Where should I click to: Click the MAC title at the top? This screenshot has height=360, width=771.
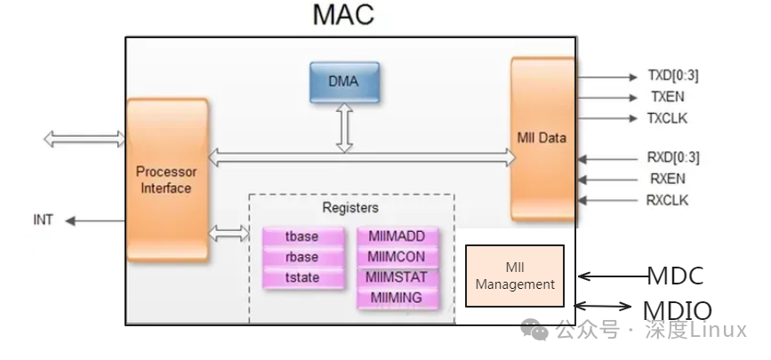point(343,15)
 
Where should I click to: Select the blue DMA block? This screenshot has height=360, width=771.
point(344,83)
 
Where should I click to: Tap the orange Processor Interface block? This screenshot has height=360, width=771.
point(165,180)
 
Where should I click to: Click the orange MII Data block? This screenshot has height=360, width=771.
point(542,138)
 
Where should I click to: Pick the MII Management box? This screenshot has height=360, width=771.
point(515,276)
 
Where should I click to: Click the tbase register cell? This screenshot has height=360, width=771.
point(302,236)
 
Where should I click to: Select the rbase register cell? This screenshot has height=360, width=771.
point(302,257)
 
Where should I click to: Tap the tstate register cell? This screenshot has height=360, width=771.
point(302,278)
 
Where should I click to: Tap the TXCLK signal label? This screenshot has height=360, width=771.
point(667,118)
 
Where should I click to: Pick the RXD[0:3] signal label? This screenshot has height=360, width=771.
point(672,158)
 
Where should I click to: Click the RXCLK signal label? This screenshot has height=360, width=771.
point(667,200)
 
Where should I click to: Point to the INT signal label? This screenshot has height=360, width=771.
point(44,220)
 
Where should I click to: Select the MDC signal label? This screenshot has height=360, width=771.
point(674,276)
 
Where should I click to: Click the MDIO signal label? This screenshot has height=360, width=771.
point(678,310)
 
